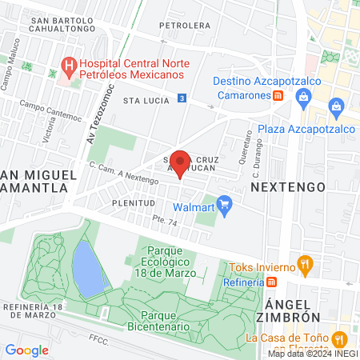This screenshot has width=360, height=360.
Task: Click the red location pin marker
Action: (180, 163)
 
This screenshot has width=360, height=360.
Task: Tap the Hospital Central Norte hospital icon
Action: (70, 64)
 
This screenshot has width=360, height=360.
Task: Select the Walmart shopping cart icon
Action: (225, 206)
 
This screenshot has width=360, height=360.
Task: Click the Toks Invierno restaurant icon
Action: (304, 263)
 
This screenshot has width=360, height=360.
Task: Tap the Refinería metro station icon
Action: (271, 282)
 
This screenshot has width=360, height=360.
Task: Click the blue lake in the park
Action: (88, 268)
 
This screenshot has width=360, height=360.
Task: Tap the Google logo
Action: (26, 350)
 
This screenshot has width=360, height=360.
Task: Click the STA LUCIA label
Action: (142, 102)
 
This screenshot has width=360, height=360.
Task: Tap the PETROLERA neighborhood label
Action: (183, 26)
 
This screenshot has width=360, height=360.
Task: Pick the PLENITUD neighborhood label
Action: (132, 203)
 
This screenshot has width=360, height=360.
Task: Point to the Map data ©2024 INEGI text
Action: (312, 354)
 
